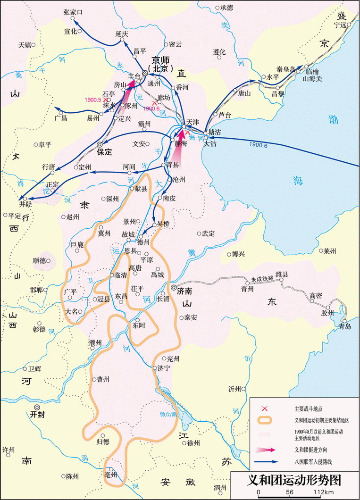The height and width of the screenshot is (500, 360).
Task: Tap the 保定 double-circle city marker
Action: click(x=99, y=144)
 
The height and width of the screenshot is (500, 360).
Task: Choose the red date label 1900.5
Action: click(x=93, y=100)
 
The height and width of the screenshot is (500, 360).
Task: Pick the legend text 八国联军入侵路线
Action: click(x=314, y=461)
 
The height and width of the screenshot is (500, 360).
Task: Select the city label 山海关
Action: click(x=312, y=79)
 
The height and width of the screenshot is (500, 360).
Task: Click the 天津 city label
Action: click(x=193, y=122)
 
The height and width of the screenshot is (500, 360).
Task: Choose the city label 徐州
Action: click(x=193, y=443)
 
